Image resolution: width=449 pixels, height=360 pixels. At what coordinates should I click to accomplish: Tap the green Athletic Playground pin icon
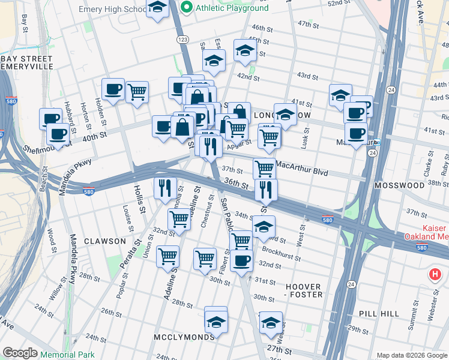pos(186,8)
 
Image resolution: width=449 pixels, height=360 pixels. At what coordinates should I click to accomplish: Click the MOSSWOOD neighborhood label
pos(399,185)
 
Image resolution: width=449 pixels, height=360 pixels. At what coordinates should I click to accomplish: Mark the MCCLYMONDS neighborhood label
pos(184,337)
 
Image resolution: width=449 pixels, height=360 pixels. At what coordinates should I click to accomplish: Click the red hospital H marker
pos(435,275)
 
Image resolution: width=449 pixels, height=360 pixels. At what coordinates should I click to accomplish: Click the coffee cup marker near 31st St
pos(242,261)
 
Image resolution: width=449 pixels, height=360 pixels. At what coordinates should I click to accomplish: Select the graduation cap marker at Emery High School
pos(158,8)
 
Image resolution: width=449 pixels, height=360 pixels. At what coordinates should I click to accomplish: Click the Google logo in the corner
pos(20,353)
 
